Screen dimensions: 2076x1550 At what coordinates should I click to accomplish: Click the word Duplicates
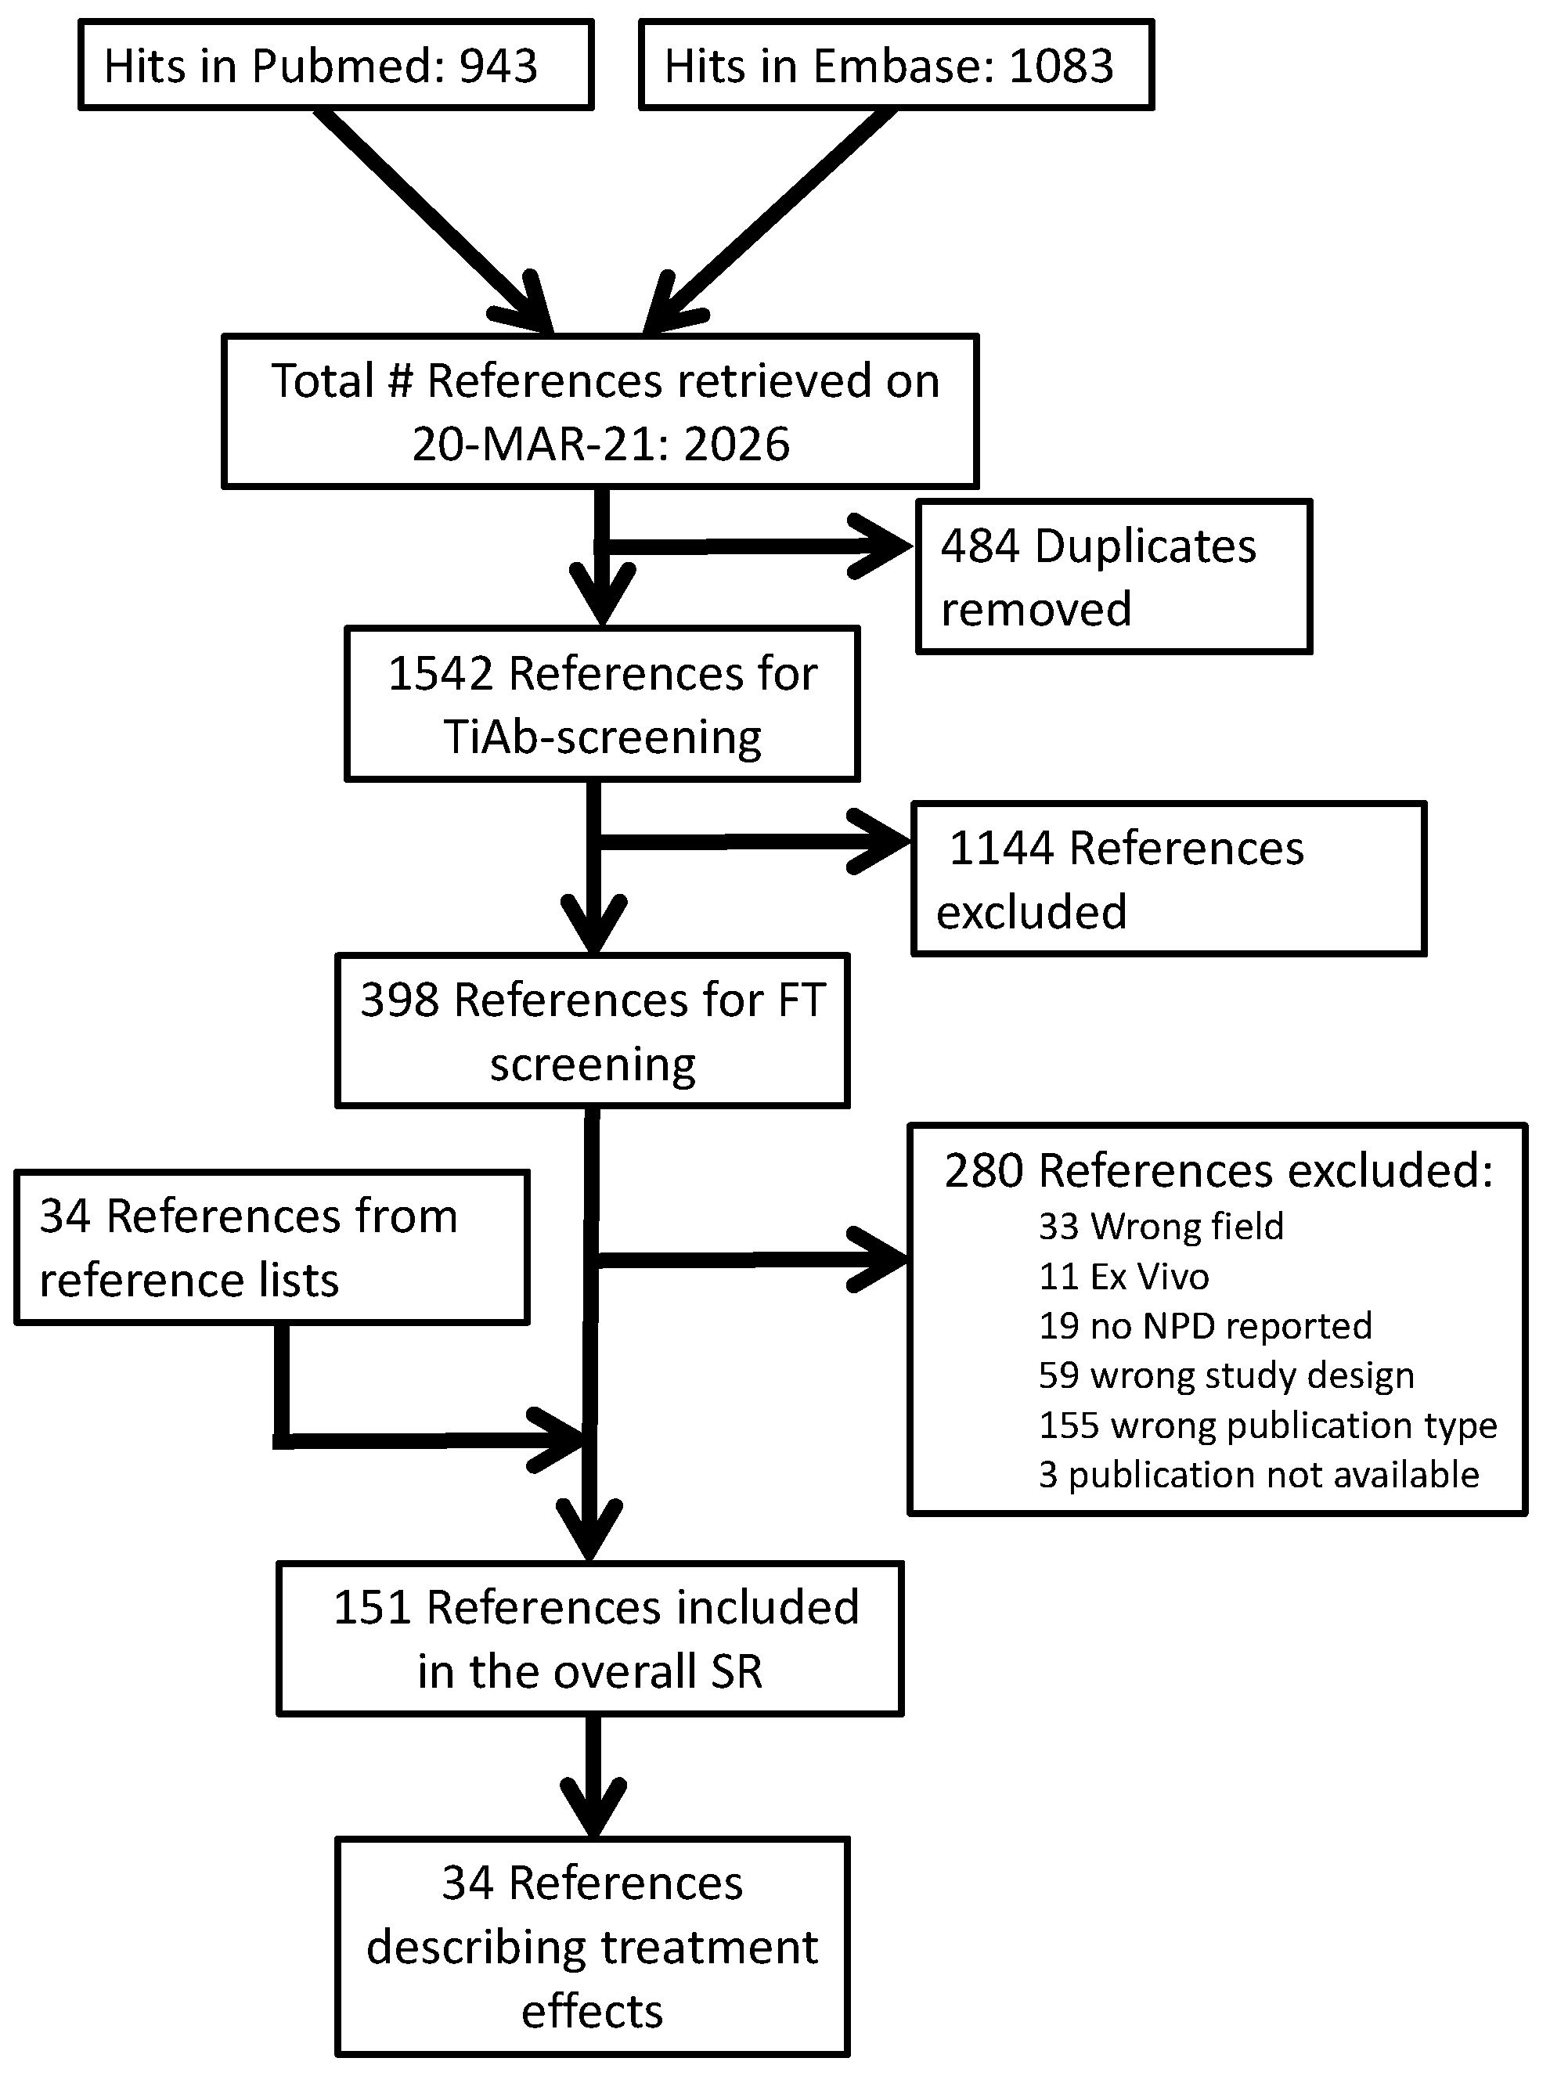[1144, 546]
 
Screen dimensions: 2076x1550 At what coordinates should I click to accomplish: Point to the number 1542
[439, 673]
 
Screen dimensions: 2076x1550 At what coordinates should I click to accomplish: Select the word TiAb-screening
[602, 737]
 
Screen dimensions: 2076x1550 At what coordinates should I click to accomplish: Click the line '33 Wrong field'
[1161, 1226]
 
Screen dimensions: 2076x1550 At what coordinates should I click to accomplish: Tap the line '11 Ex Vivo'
[1123, 1276]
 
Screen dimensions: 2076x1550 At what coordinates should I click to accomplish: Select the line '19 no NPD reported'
[1205, 1325]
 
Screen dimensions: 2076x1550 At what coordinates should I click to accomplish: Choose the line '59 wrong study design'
[1225, 1375]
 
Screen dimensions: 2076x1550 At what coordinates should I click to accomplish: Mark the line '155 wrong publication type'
[1267, 1425]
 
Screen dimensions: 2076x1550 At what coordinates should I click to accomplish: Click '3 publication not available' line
[1258, 1475]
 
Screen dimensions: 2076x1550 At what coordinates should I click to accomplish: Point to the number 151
[373, 1607]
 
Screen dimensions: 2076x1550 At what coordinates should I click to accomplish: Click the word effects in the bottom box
[592, 2011]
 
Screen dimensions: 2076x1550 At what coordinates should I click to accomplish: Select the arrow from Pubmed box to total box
[431, 221]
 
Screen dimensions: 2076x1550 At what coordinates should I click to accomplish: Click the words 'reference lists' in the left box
[189, 1281]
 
